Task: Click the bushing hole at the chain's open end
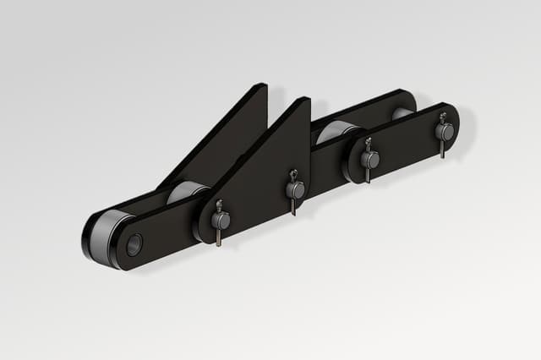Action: click(134, 244)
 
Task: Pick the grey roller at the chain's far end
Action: click(402, 112)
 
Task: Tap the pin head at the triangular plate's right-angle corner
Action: click(295, 190)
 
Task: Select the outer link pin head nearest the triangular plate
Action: click(369, 159)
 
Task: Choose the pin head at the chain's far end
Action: click(445, 132)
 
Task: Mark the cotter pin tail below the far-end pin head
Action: click(442, 150)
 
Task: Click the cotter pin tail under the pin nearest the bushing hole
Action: click(218, 239)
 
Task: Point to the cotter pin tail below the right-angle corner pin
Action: click(293, 208)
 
